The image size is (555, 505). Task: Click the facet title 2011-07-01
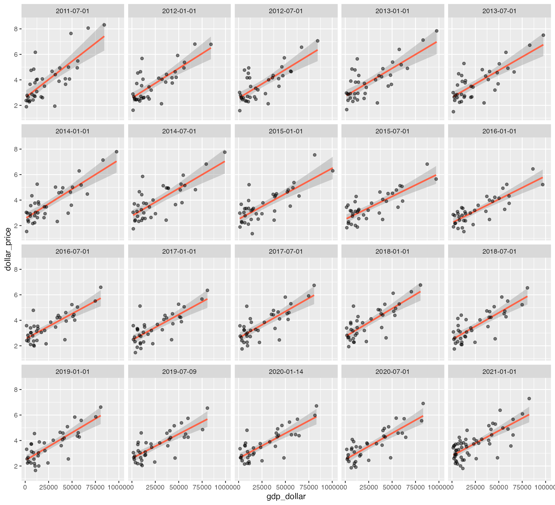73,11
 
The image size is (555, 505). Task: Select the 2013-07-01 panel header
499,11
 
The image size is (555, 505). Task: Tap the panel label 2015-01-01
286,131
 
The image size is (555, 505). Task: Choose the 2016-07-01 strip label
73,252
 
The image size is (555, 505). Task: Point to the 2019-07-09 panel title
179,372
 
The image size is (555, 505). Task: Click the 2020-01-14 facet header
286,372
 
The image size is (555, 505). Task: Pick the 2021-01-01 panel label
499,372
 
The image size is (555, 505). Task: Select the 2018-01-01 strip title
392,252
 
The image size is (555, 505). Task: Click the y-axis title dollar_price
8,249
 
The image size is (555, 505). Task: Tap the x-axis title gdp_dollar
286,497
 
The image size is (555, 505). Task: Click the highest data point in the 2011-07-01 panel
104,25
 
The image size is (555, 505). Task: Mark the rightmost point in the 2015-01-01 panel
333,171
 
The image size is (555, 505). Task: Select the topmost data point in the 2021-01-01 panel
529,399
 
